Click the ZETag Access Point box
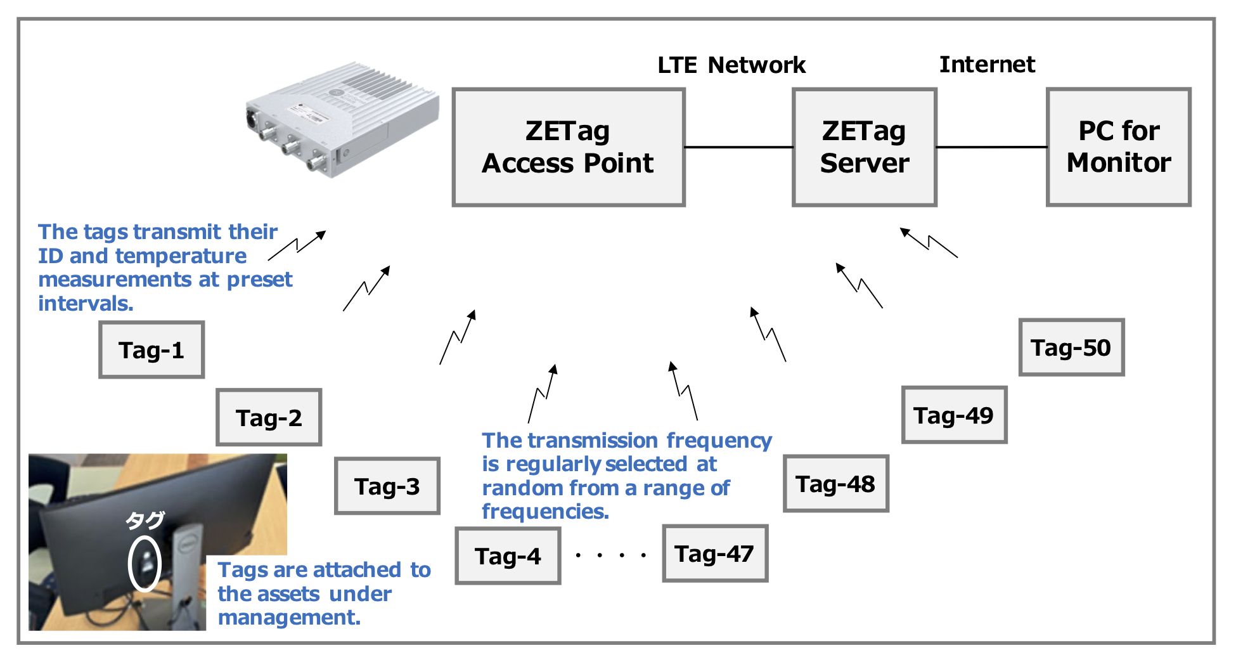pos(568,147)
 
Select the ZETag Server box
pos(864,147)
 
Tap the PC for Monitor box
pos(1118,147)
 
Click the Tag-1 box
pos(151,350)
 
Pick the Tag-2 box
pos(269,418)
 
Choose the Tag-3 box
pos(387,486)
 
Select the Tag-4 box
pos(508,556)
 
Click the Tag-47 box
pos(714,554)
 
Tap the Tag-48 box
pos(835,484)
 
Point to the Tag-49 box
pos(953,415)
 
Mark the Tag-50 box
pos(1071,347)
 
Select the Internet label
pos(987,64)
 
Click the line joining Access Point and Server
pos(738,147)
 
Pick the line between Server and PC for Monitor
pos(991,147)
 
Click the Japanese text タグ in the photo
pos(145,521)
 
